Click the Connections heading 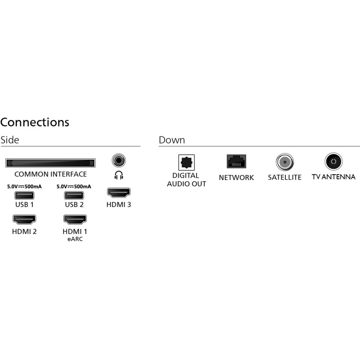[35, 122]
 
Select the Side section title [10, 140]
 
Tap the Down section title [171, 140]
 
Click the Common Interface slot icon [50, 163]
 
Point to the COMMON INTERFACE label [50, 174]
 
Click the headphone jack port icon [118, 160]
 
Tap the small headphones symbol [118, 175]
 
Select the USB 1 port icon [24, 196]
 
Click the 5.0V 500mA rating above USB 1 [24, 186]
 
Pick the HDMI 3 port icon [118, 193]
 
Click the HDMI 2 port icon [24, 220]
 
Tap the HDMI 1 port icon [75, 220]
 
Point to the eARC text [75, 239]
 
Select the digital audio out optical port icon [186, 162]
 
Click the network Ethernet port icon [236, 162]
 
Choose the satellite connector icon [284, 162]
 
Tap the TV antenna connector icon [333, 162]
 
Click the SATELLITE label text [284, 177]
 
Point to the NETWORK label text [236, 177]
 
